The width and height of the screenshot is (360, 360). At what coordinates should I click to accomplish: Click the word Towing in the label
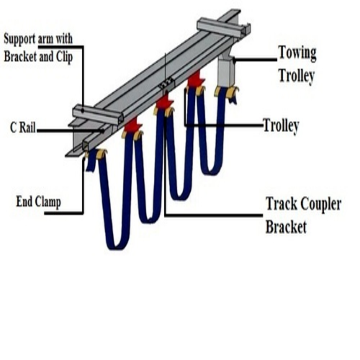point(297,53)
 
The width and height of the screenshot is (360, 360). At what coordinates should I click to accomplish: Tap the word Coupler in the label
point(320,204)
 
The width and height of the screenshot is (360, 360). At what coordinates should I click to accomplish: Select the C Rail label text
point(23,127)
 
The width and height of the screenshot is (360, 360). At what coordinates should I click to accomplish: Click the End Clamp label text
point(38,202)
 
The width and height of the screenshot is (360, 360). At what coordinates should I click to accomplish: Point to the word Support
point(19,39)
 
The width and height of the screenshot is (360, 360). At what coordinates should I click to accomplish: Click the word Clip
point(64,57)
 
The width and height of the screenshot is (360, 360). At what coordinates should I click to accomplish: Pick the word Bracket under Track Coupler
point(286,227)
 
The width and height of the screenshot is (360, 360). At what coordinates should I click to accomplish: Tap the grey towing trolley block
point(226,70)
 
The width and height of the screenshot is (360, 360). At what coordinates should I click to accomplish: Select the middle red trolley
point(164,104)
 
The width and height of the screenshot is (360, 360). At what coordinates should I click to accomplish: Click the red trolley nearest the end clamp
point(132,125)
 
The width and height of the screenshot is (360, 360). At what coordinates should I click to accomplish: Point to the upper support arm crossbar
point(222,27)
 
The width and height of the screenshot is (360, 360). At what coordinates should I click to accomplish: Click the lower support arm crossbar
point(98,114)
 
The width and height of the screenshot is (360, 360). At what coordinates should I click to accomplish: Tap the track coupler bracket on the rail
point(167,83)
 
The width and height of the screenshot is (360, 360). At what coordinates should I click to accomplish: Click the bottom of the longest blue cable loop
point(117,247)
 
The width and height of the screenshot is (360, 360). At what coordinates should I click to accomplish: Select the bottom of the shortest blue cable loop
point(211,172)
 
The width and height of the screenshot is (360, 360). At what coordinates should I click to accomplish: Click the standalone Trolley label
point(281,126)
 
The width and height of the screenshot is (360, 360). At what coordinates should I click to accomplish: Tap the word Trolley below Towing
point(297,76)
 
